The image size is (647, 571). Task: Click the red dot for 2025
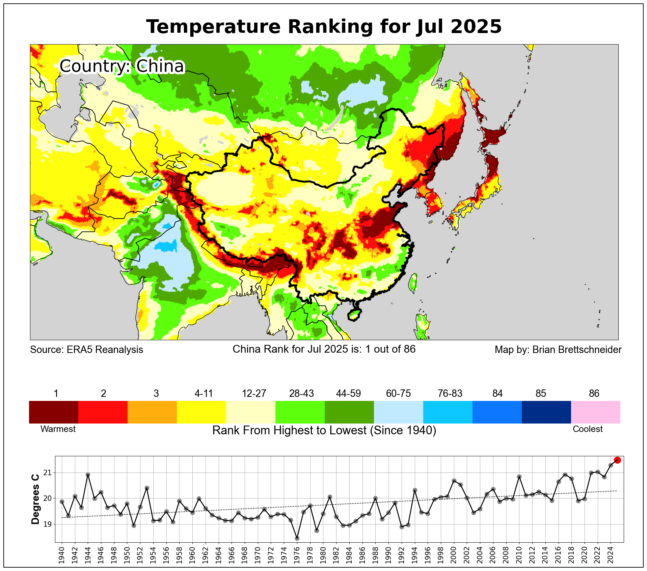617,460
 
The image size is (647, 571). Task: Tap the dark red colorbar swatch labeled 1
54,412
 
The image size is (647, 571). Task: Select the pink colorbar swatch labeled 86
595,412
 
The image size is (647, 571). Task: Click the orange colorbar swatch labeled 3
152,412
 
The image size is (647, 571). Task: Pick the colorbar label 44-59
348,393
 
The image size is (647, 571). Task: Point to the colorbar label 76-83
450,393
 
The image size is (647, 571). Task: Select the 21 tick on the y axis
48,472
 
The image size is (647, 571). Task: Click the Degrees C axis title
35,499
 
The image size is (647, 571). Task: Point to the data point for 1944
88,474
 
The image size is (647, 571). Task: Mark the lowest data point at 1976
297,538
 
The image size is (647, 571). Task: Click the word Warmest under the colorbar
58,429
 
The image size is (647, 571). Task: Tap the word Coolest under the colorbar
588,429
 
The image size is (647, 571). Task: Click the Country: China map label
122,66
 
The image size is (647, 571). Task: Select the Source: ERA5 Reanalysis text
86,350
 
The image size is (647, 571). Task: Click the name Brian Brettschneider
577,350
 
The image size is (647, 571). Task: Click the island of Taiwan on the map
413,282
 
